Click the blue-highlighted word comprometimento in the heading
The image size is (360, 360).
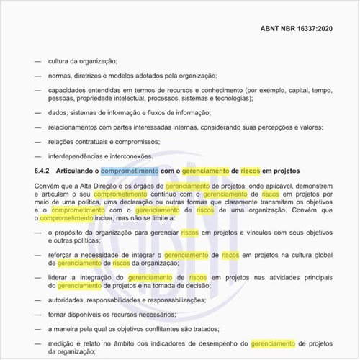pyautogui.click(x=130, y=171)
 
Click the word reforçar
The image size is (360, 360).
pyautogui.click(x=63, y=255)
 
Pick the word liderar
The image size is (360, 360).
pyautogui.click(x=60, y=277)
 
